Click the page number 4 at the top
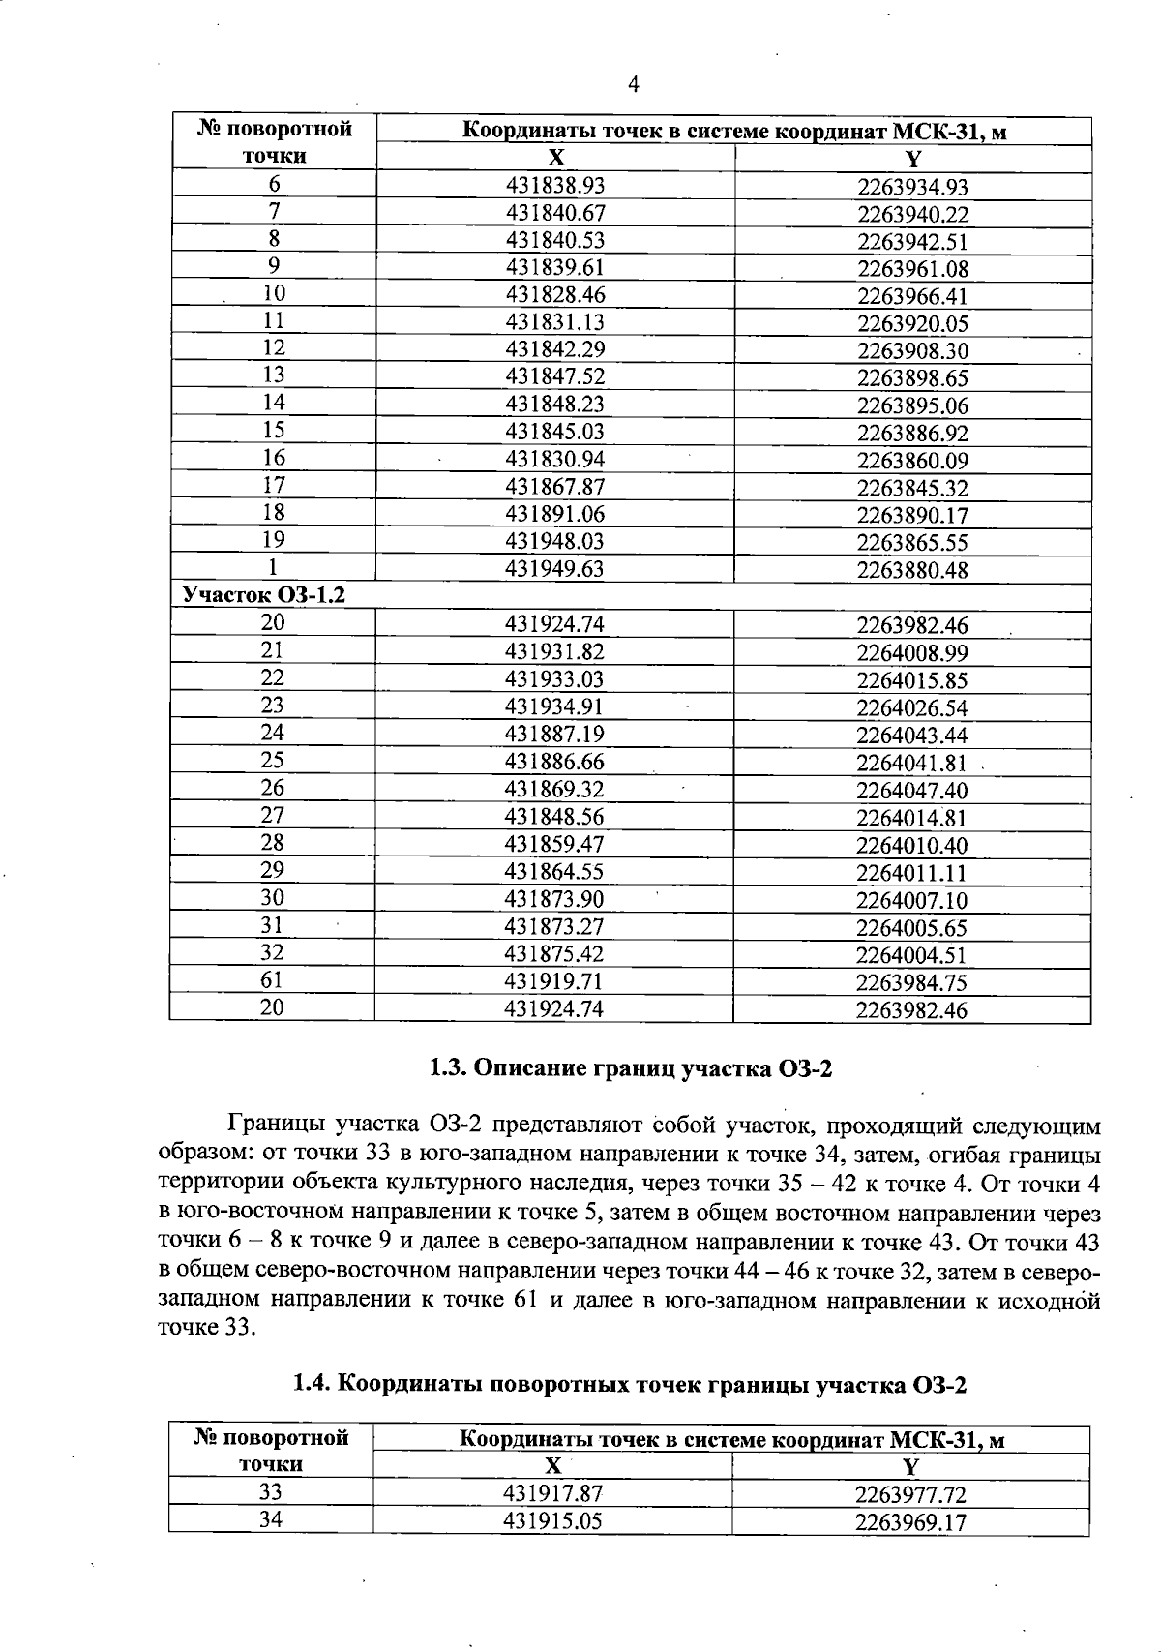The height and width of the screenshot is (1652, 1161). (634, 85)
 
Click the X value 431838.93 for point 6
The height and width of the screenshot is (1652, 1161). (554, 185)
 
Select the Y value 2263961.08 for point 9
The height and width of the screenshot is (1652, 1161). (911, 269)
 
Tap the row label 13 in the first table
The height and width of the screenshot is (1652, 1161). (274, 375)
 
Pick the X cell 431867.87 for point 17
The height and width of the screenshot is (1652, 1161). (554, 486)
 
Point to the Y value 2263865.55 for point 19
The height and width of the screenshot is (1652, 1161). (911, 543)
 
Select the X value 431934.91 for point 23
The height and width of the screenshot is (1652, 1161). (554, 706)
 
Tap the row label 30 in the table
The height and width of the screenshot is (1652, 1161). (273, 898)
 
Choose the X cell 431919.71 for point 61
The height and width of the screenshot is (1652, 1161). (553, 981)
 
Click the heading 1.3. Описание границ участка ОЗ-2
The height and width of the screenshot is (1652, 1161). (630, 1069)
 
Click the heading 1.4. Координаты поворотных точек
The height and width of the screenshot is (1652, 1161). (630, 1385)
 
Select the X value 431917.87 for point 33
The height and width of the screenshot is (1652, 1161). (552, 1493)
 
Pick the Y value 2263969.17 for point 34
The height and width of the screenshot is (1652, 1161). (910, 1522)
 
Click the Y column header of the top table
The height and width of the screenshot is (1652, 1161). (912, 159)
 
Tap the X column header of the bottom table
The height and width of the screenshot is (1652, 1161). (552, 1465)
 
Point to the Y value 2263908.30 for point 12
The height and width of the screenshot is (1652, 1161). (911, 351)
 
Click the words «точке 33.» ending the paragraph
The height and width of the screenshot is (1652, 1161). (207, 1327)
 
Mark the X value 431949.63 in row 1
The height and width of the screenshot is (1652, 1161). (554, 569)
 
